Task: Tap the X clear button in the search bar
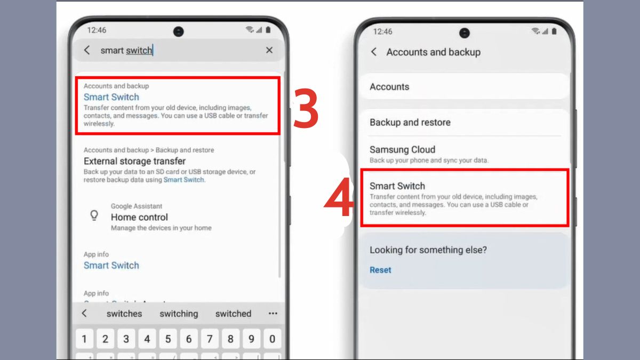point(269,50)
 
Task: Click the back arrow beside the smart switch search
point(87,50)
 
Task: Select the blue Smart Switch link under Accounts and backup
point(111,97)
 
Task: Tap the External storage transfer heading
point(134,161)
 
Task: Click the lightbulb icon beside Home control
point(94,215)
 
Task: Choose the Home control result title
point(139,217)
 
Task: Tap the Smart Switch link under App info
point(111,266)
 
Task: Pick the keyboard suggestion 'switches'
point(124,314)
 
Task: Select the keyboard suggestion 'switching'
point(179,314)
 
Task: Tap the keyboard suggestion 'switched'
point(233,314)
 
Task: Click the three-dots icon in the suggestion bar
point(273,314)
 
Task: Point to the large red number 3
point(306,109)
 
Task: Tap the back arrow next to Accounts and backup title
point(374,52)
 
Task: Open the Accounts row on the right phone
point(389,87)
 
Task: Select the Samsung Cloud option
point(403,150)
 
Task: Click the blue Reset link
point(380,270)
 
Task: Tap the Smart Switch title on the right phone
point(397,186)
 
